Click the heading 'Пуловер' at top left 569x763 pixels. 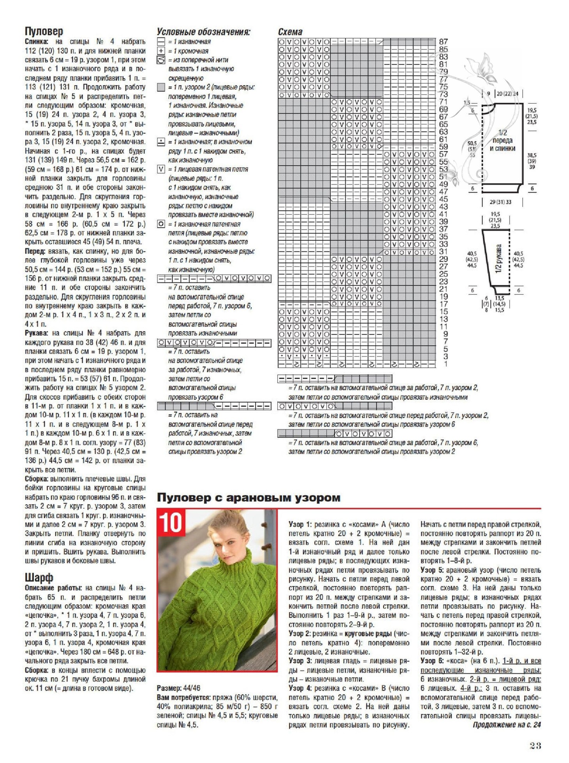44,31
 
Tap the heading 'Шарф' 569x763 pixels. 39,577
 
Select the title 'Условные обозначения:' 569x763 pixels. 203,32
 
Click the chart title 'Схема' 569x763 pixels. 290,32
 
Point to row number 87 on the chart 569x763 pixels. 444,41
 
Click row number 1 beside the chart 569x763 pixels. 445,364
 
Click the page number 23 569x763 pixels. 535,745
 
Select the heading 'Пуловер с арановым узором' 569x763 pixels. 249,498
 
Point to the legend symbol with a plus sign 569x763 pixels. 161,51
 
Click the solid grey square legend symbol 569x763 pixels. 161,87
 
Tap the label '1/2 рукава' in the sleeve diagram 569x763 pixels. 498,259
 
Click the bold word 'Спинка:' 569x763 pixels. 37,42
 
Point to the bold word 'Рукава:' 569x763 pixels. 37,333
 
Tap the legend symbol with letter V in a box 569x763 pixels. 161,169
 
